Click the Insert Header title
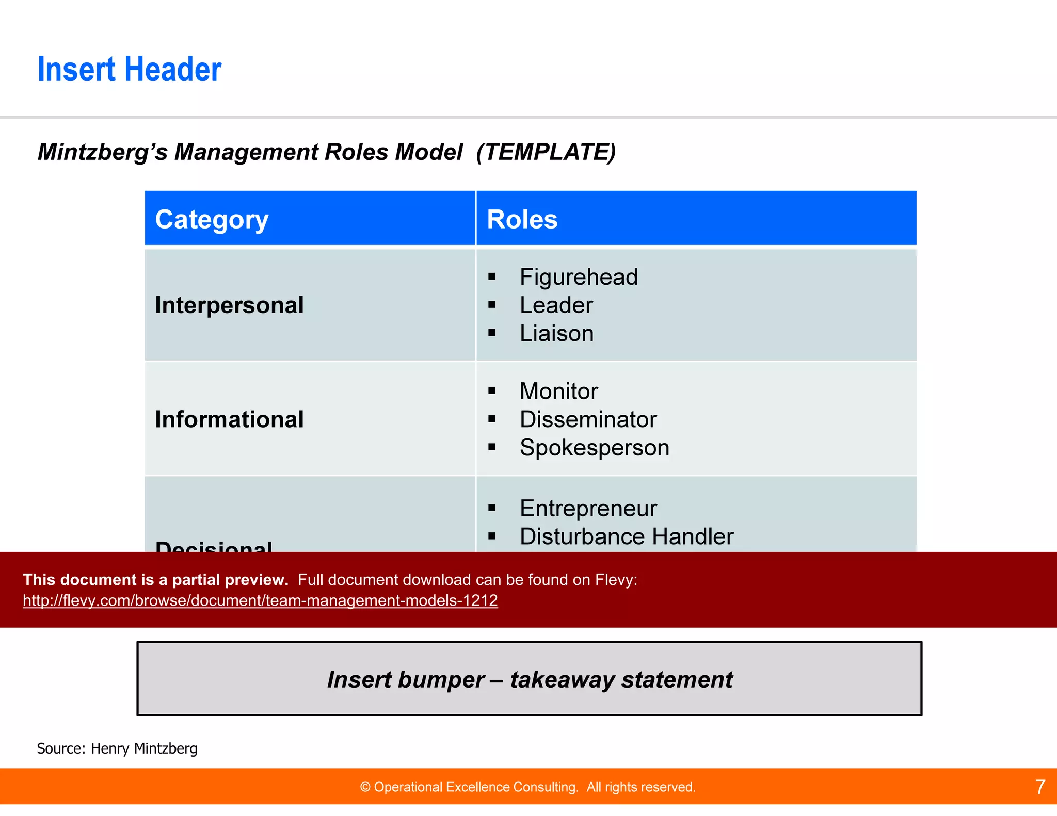129,70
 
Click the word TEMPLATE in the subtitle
546,152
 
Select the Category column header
212,219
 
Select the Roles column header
522,219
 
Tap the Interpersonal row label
229,305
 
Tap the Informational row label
229,419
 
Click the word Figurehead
578,277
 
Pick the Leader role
556,305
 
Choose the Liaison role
556,333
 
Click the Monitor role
558,391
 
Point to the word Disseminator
588,419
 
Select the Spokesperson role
594,448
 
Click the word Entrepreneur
588,509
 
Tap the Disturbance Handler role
626,536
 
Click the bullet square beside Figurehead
492,277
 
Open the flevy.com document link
260,600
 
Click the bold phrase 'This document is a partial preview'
155,580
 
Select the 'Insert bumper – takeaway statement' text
530,679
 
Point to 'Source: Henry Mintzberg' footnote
117,748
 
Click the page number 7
1040,787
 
